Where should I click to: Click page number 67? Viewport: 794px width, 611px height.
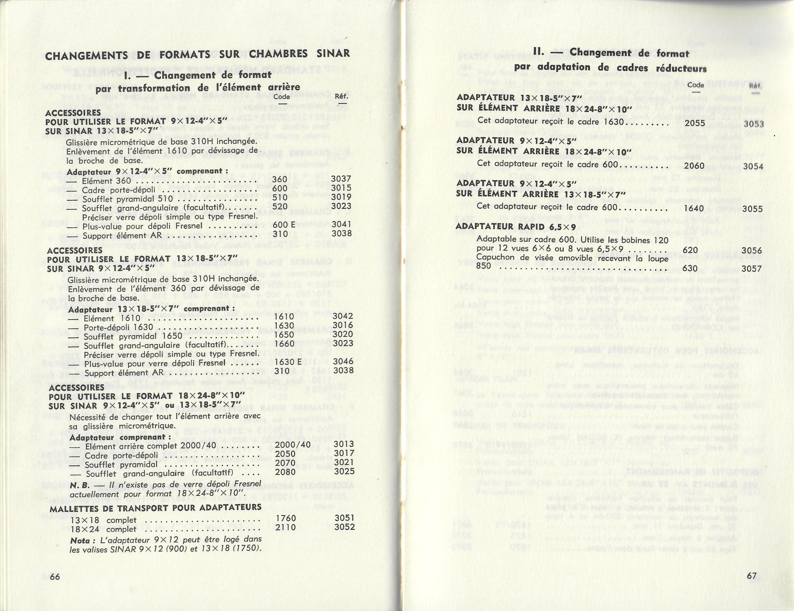(752, 576)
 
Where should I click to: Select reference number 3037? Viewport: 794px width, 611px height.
(341, 179)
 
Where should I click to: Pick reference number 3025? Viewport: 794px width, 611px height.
(344, 472)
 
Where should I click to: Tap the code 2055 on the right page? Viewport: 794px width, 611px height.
(695, 123)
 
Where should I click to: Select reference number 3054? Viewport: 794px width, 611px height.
(753, 166)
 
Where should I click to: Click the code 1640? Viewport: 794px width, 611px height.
(694, 209)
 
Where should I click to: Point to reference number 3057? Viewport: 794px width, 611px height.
(752, 269)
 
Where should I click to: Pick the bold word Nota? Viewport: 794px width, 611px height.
(80, 541)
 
